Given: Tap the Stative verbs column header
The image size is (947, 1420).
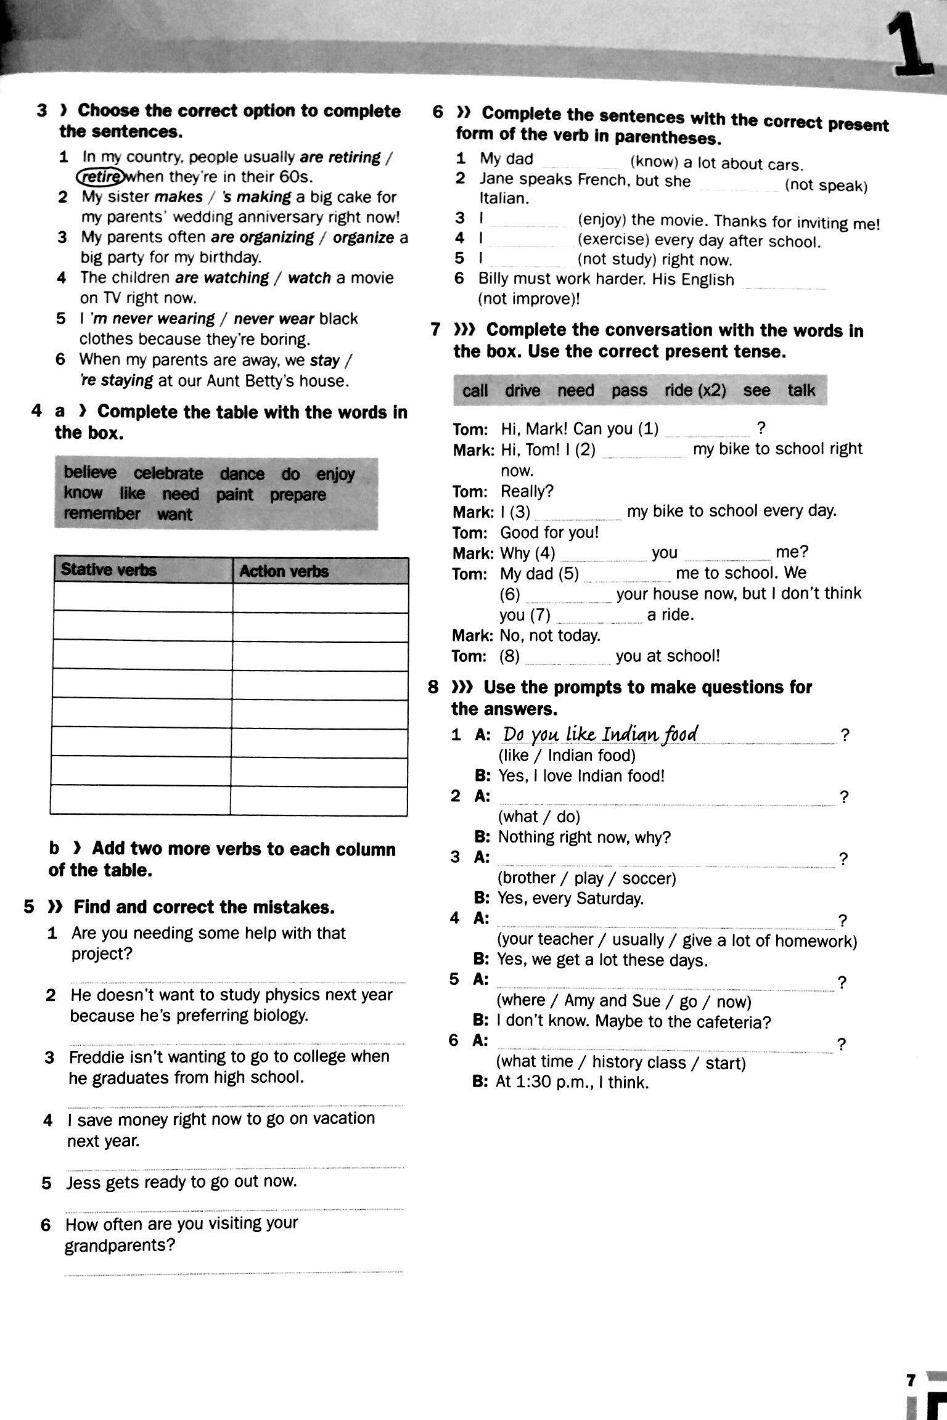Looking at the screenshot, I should point(109,569).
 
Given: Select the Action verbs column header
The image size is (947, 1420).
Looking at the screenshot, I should point(284,571).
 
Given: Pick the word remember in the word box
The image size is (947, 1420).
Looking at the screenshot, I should point(102,514).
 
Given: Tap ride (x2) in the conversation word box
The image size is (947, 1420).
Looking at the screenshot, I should point(695,390).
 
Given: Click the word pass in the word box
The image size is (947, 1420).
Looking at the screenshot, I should point(629,390).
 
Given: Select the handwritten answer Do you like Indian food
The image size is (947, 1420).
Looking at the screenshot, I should point(600,734).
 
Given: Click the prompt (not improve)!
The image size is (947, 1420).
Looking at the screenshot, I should point(529,299).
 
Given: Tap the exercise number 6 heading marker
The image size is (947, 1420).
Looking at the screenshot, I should point(438,112).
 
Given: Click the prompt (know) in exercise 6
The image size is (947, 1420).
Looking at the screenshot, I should point(654,163).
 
